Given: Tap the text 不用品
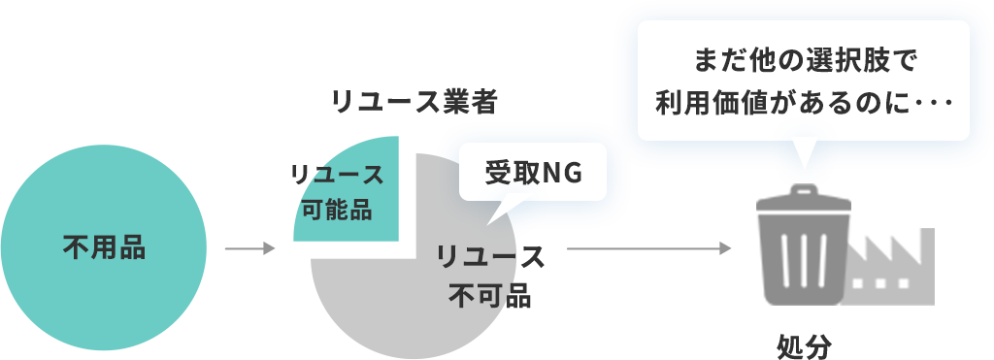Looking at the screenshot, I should [104, 247].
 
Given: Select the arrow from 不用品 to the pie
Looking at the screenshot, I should [250, 249].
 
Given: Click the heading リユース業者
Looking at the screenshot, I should [414, 102].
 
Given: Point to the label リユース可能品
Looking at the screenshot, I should [337, 192].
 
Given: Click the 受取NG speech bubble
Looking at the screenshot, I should [532, 172].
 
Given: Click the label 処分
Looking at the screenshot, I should [805, 344].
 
